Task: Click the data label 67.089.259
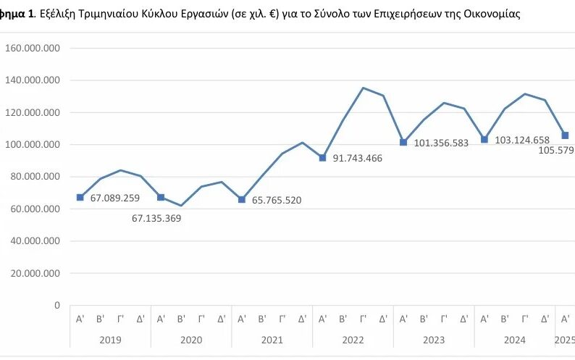(x=119, y=198)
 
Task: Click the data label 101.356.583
(x=441, y=143)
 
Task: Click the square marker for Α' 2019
(x=80, y=197)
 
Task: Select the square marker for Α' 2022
(x=323, y=158)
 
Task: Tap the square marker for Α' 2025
(x=566, y=135)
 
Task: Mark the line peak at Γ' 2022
(x=364, y=88)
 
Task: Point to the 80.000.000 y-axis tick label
(x=35, y=177)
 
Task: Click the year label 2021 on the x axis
(x=272, y=339)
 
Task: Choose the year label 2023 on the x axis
(x=434, y=339)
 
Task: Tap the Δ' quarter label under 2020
(x=222, y=318)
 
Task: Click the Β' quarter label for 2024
(x=505, y=318)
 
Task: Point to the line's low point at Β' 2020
(x=182, y=206)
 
